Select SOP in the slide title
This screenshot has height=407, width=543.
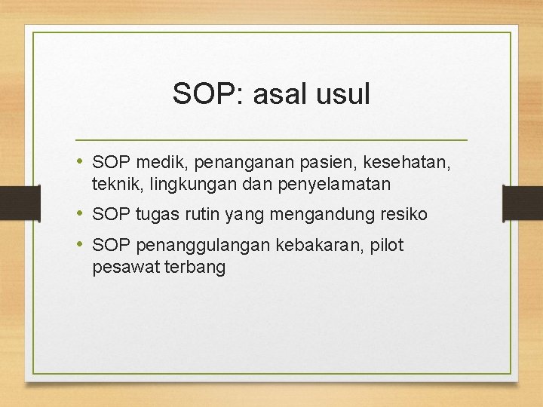tap(203, 95)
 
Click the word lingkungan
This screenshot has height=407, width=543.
tap(197, 183)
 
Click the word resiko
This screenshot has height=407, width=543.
tap(403, 215)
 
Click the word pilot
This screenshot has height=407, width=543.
tap(386, 246)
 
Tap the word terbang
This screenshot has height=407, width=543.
tap(195, 268)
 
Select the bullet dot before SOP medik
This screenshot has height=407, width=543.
tap(81, 161)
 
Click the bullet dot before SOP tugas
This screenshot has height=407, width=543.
tap(81, 214)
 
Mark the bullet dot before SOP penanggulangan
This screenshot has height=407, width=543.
tap(81, 245)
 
